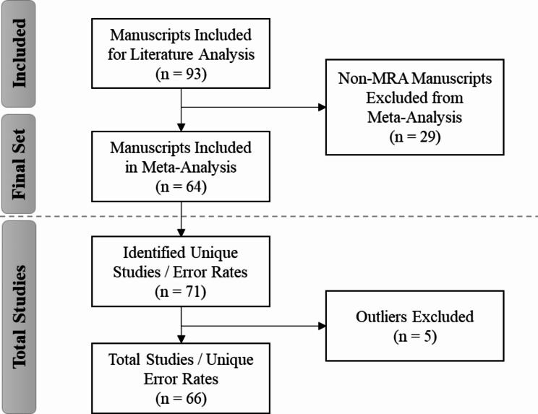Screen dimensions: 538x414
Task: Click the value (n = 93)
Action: [x=182, y=74]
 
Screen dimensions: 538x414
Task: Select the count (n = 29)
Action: [x=415, y=137]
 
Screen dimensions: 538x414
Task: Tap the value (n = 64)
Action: [x=182, y=187]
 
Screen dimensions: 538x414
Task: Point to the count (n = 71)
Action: [x=181, y=292]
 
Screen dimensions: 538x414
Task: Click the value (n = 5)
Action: [x=415, y=336]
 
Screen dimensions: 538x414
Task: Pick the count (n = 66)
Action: [x=182, y=399]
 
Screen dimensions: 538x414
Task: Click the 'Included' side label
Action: [x=20, y=53]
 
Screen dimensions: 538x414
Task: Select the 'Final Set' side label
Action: [x=20, y=164]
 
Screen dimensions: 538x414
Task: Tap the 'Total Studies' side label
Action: [x=20, y=317]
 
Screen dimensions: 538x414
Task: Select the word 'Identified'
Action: [x=154, y=253]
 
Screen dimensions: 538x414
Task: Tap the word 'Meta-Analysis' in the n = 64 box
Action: [x=189, y=167]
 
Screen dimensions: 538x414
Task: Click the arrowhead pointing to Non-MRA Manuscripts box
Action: [x=323, y=107]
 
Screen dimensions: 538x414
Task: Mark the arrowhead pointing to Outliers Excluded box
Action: [x=323, y=326]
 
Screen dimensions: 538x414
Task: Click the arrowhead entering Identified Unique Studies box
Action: [x=182, y=233]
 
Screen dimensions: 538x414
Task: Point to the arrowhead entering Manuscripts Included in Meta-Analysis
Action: [x=182, y=127]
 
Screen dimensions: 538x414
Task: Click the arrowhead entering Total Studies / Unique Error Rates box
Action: [x=182, y=340]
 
